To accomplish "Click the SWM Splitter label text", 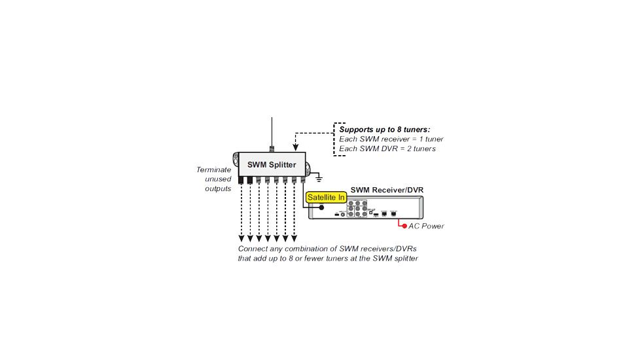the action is (272, 164).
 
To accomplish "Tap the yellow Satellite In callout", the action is (326, 198).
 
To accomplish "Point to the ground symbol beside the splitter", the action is (319, 179).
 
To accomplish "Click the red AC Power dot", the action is (404, 226).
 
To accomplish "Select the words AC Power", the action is (426, 226).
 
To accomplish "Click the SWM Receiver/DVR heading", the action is (387, 190).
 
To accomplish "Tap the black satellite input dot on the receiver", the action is (321, 207).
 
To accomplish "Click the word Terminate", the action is (213, 170).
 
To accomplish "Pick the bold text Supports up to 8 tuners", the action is (385, 130).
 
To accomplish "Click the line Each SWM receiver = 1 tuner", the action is (391, 139).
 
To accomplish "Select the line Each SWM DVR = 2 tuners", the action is (387, 149).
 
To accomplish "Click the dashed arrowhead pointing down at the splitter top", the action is (296, 148).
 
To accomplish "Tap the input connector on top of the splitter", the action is (272, 149).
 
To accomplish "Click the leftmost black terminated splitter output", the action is (241, 180).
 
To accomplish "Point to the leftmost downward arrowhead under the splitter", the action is (241, 238).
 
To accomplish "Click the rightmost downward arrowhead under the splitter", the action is (294, 238).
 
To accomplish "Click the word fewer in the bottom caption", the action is (314, 259).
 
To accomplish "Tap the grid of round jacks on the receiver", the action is (357, 209).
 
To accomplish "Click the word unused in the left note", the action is (218, 179).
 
